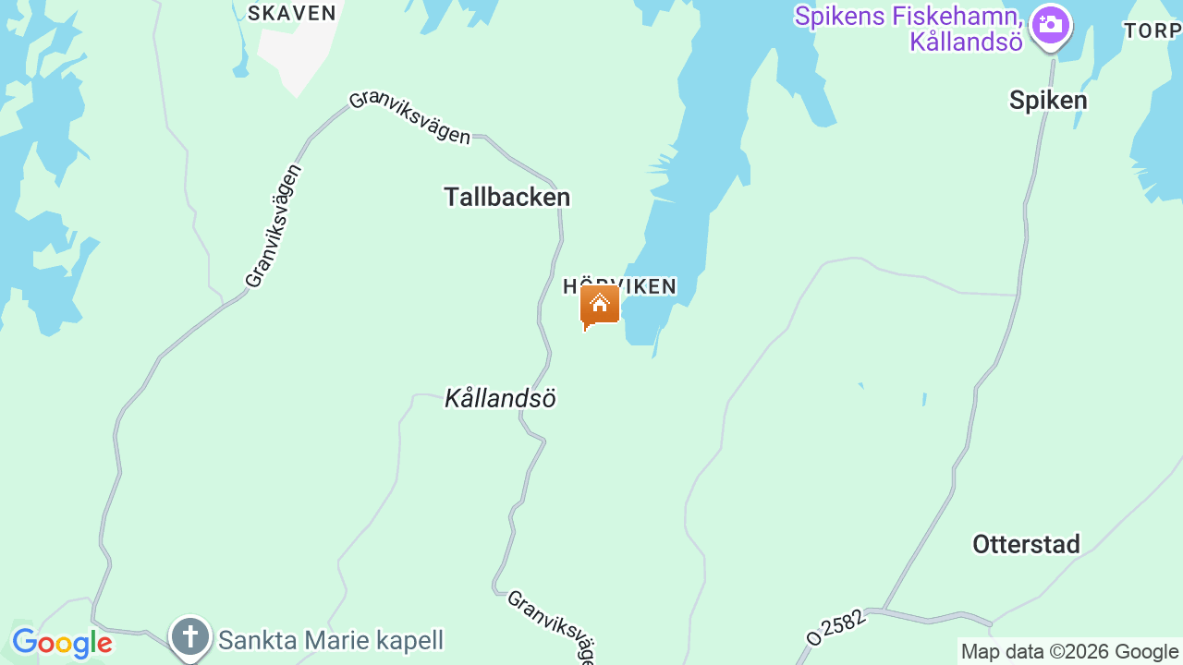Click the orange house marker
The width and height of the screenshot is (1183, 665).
599,305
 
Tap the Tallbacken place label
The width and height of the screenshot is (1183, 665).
506,197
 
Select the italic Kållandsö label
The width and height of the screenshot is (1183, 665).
500,398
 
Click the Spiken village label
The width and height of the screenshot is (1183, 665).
1047,100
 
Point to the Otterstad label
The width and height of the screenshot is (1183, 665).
1026,544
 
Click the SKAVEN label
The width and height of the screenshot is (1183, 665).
291,13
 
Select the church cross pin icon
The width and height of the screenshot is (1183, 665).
190,637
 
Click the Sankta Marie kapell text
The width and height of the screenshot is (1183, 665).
331,640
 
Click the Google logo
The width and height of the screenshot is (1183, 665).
62,643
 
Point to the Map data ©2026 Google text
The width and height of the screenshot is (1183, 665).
1069,652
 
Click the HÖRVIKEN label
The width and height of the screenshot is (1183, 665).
620,286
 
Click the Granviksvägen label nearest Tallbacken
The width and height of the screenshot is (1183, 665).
409,118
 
